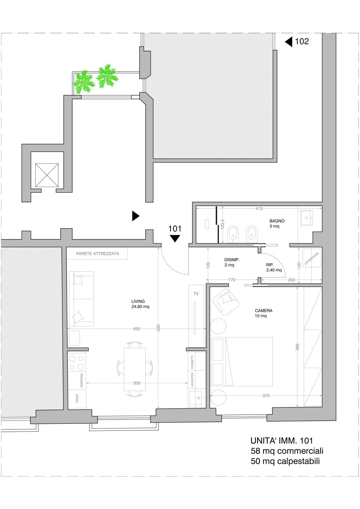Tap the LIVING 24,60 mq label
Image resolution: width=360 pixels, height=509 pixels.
pos(140,304)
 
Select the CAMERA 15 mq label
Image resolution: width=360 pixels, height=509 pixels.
pos(263,313)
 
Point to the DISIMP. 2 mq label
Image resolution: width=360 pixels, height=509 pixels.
pos(232,262)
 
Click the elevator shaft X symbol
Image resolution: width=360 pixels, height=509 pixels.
pos(47,175)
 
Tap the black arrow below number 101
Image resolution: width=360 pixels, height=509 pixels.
pos(175,238)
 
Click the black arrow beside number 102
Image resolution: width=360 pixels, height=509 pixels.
pos(289,42)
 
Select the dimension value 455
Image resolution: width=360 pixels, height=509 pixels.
pos(136,329)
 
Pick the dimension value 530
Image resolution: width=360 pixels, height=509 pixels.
pos(159,328)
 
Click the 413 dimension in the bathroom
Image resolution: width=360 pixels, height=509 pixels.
pos(259,208)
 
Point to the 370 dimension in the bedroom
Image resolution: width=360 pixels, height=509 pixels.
pos(266,396)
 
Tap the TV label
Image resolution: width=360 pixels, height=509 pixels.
pos(196,293)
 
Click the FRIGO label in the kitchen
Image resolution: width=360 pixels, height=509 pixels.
pos(77,398)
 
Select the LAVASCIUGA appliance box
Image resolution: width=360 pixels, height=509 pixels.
pos(312,258)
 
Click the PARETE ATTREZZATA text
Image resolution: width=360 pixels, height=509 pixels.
pos(97,254)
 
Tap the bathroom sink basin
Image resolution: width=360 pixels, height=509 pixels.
pos(306,218)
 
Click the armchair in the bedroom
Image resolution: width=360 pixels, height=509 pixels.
pos(225,302)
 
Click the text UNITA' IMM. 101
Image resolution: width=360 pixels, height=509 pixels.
pos(282,441)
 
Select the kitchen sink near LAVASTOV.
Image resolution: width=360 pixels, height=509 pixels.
pos(195,398)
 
